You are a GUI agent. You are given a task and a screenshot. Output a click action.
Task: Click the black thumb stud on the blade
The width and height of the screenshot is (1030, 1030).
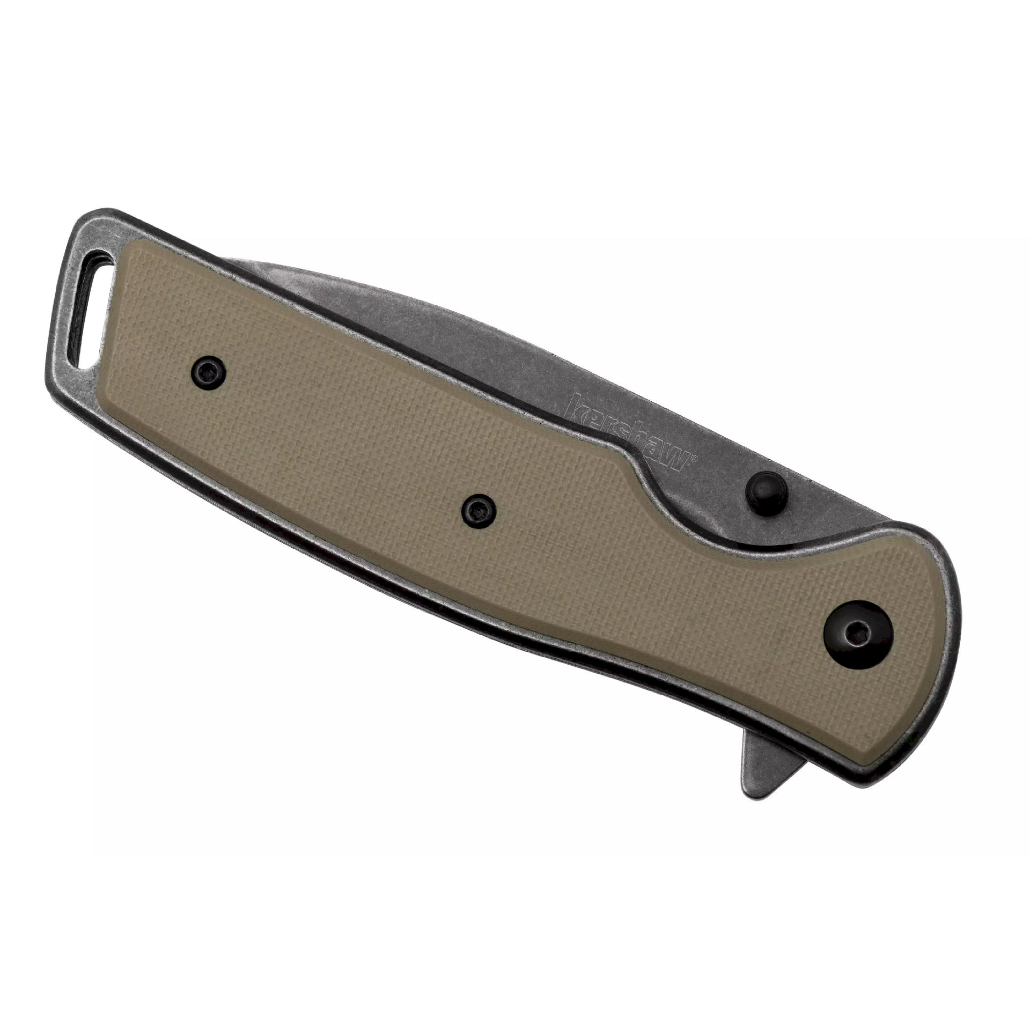(x=767, y=488)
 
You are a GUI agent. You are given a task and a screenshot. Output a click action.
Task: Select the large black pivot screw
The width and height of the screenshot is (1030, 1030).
(x=854, y=636)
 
